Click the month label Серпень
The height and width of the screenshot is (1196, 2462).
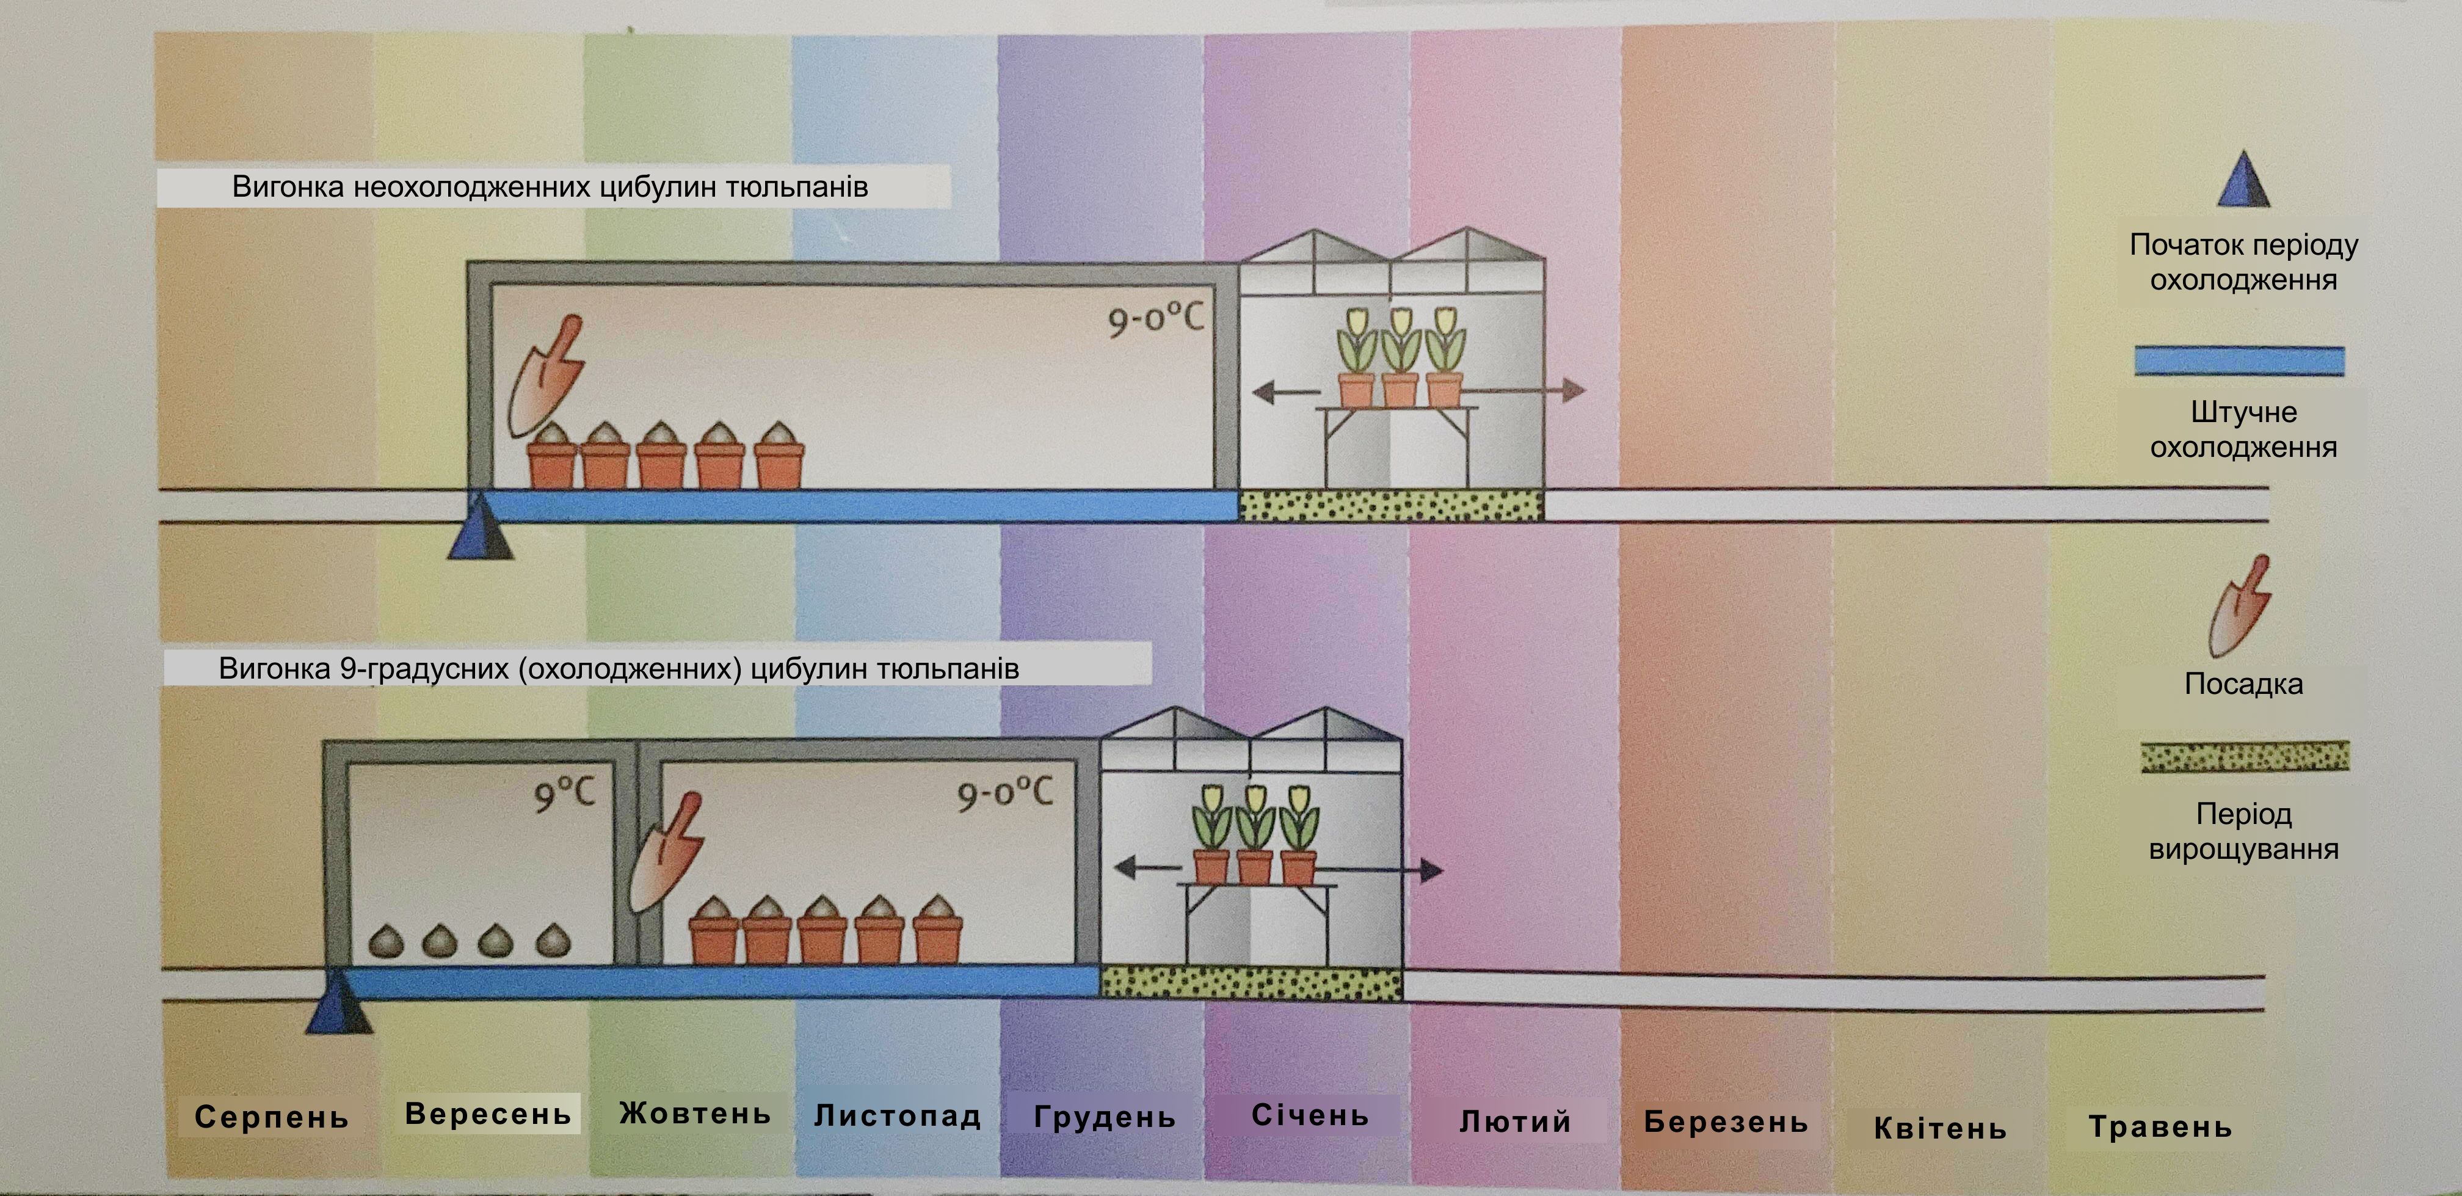click(x=272, y=1117)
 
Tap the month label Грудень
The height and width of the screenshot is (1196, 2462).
click(x=1105, y=1117)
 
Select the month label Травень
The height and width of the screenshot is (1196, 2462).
click(x=2160, y=1127)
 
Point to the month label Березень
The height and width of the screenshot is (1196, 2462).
click(x=1726, y=1121)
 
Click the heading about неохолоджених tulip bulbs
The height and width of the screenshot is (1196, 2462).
click(x=551, y=186)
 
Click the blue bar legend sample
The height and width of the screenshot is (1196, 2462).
click(x=2239, y=360)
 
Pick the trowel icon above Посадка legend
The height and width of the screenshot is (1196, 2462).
click(x=2239, y=606)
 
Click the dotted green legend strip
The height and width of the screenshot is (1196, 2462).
click(x=2244, y=756)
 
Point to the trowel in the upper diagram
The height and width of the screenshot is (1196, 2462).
click(x=546, y=376)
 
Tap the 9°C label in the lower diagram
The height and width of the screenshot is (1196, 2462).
click(x=564, y=793)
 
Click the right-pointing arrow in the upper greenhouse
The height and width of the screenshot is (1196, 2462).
click(x=1525, y=389)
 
